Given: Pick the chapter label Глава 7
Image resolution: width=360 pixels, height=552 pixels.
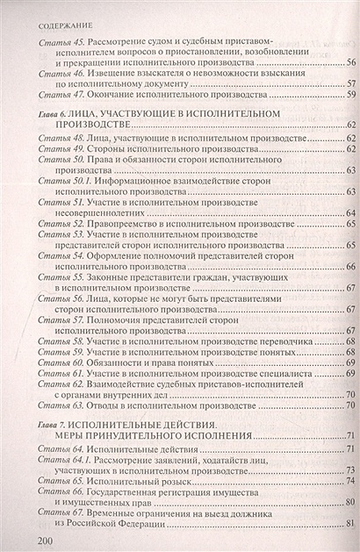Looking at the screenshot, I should click(x=44, y=424).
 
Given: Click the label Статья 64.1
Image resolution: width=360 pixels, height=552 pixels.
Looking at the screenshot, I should click(x=60, y=460).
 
